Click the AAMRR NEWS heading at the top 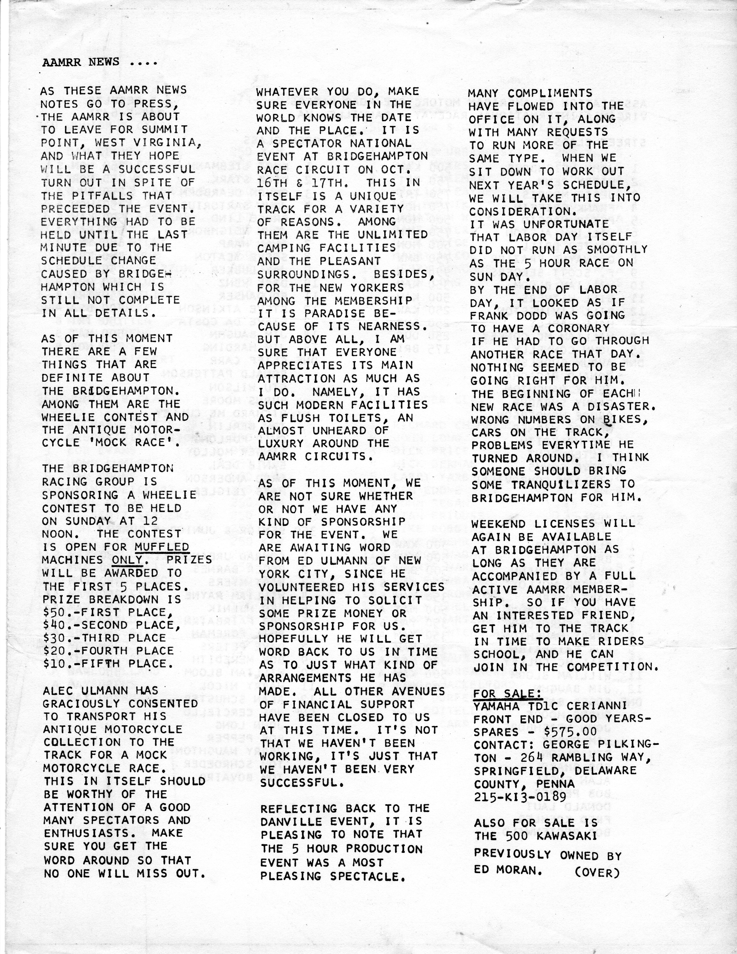pos(100,62)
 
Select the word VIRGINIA pos(168,143)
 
